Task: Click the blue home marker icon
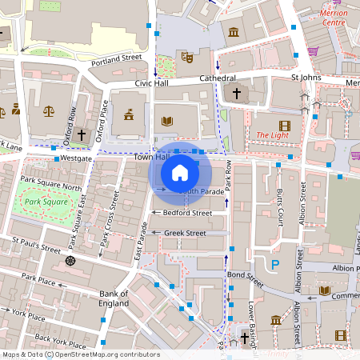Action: [180, 173]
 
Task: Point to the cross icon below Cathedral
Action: [236, 94]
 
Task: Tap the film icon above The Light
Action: [285, 125]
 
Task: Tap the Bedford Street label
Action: [187, 214]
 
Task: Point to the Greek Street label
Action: [185, 233]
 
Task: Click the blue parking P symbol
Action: [275, 264]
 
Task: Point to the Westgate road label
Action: [77, 158]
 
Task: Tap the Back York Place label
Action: [53, 341]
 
